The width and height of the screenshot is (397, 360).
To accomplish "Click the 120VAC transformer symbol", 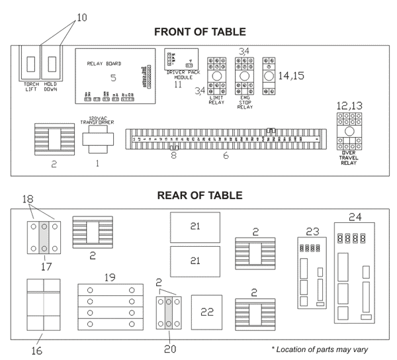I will pos(97,140).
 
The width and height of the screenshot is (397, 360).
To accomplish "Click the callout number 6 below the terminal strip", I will pos(225,157).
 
